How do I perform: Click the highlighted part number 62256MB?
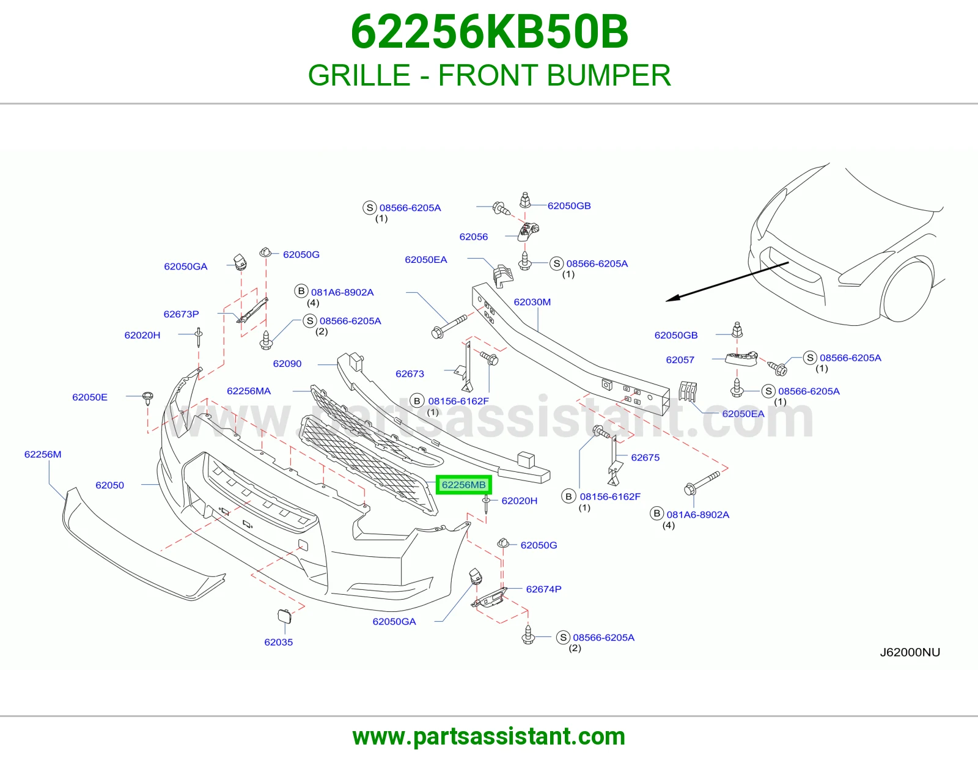(x=463, y=485)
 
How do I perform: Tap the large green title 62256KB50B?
(x=489, y=32)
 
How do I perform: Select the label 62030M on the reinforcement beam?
(x=532, y=302)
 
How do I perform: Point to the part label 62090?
(x=287, y=364)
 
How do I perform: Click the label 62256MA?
(x=249, y=391)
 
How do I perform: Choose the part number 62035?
(x=279, y=642)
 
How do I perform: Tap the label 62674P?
(x=543, y=589)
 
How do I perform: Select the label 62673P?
(x=181, y=314)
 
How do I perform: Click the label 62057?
(x=680, y=360)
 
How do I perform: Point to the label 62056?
(x=474, y=237)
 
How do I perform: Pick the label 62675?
(x=645, y=458)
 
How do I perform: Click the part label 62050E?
(x=90, y=397)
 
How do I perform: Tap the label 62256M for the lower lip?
(x=43, y=455)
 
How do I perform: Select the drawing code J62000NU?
(x=910, y=652)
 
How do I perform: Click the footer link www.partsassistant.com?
(x=489, y=737)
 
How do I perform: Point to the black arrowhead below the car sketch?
(x=672, y=298)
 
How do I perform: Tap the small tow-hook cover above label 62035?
(x=284, y=616)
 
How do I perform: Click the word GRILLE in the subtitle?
(x=359, y=75)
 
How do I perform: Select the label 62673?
(x=410, y=374)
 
